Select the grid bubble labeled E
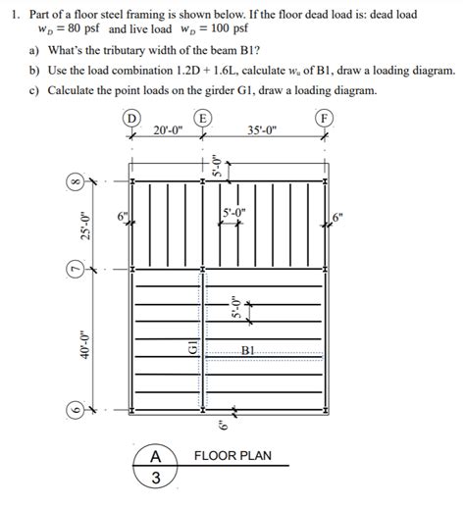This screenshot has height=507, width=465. [202, 119]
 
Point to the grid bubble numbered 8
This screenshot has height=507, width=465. [73, 181]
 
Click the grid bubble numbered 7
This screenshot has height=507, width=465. [73, 268]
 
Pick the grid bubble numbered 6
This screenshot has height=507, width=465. [73, 410]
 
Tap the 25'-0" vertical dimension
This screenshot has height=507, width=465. [86, 225]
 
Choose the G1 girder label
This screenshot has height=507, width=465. [192, 346]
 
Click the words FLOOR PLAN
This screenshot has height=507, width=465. [232, 456]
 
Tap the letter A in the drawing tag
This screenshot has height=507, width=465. [154, 457]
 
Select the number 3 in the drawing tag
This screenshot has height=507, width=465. [154, 479]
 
